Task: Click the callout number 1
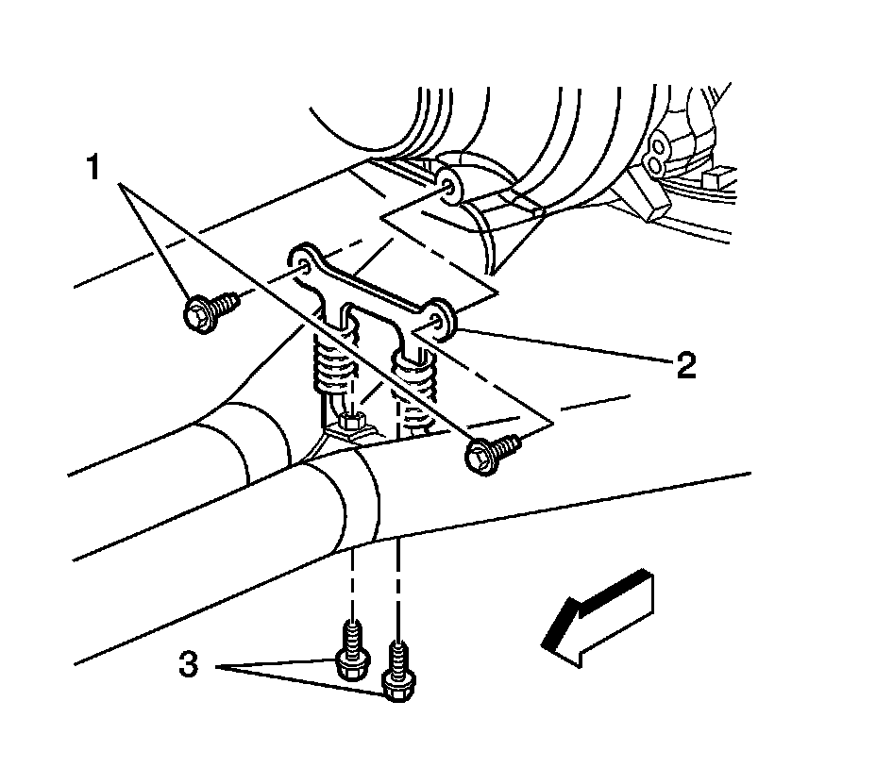point(93,169)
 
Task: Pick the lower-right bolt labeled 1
point(492,452)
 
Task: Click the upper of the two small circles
point(658,144)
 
